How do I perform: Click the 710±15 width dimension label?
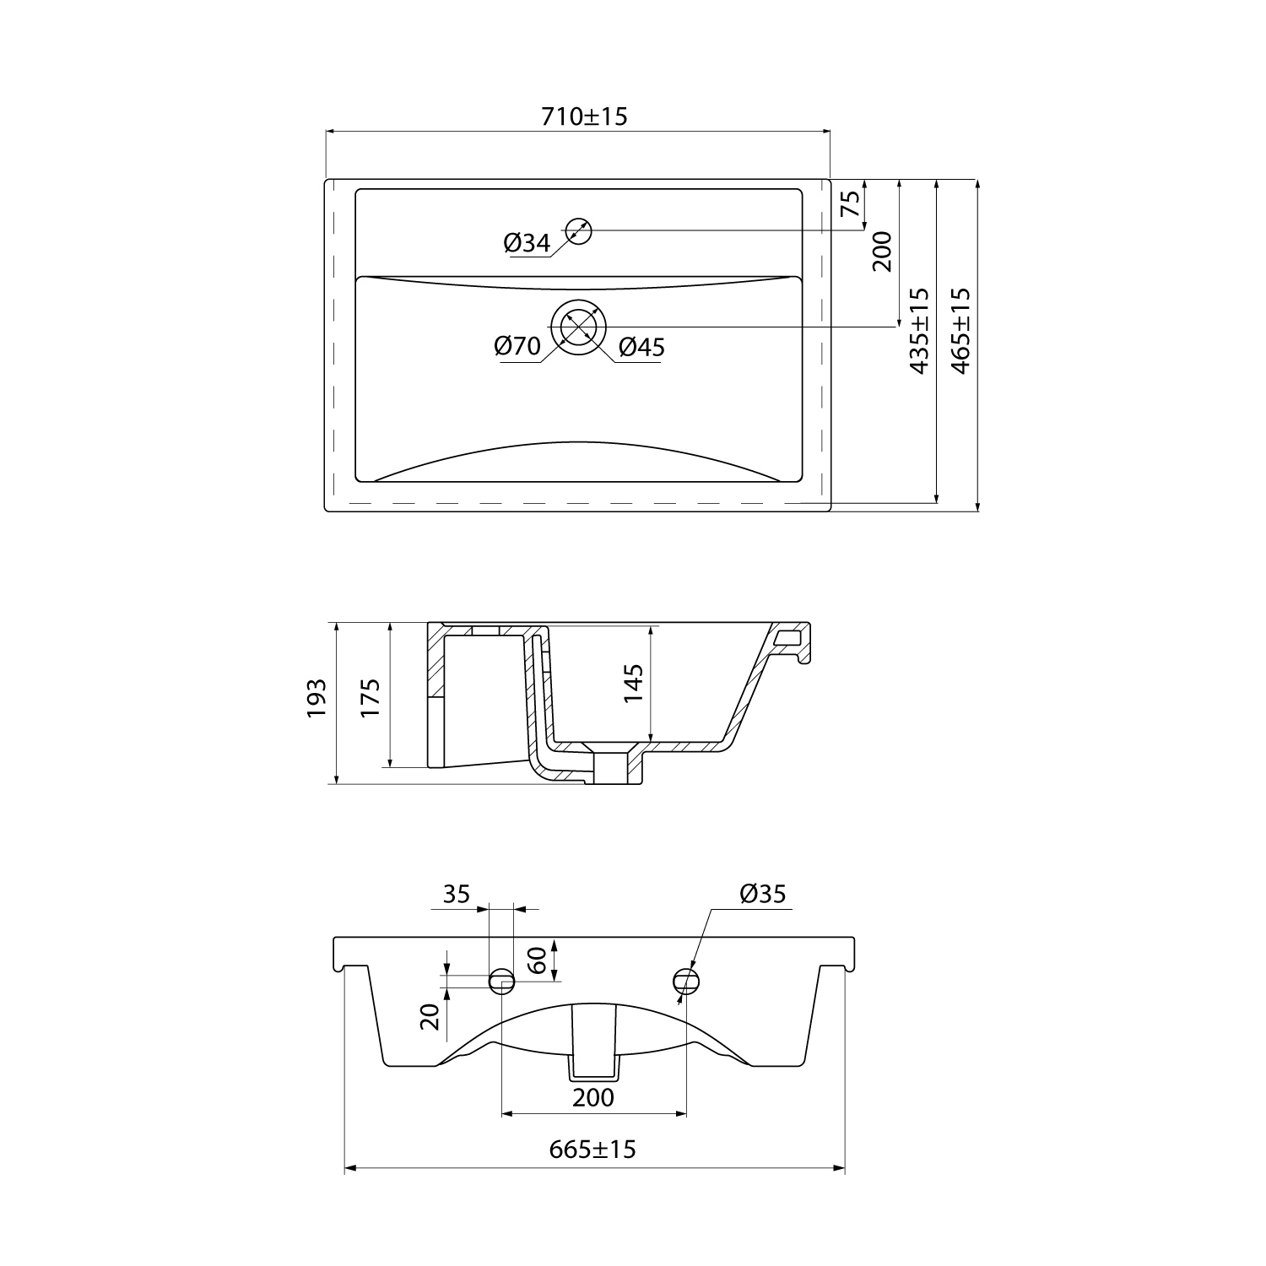pos(584,116)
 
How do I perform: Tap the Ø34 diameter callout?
pos(527,243)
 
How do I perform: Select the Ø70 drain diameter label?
pos(517,346)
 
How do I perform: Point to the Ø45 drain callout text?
pos(641,346)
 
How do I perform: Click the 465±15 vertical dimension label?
pos(960,330)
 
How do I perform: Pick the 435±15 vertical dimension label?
pos(918,330)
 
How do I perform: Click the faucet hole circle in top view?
pos(579,230)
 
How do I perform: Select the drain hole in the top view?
pos(579,326)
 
